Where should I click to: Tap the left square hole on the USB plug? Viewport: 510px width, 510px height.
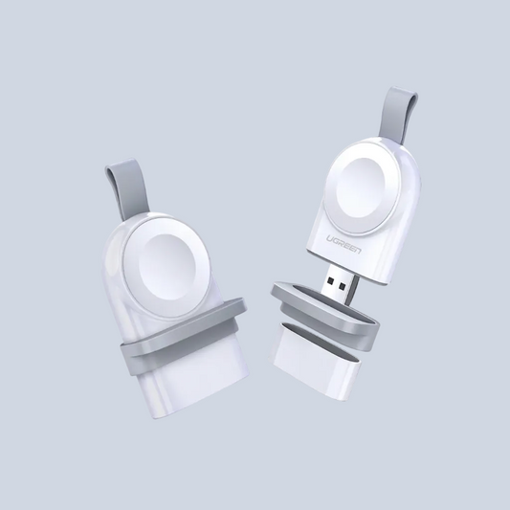pos(331,280)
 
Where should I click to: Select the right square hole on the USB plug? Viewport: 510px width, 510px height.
pos(342,286)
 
